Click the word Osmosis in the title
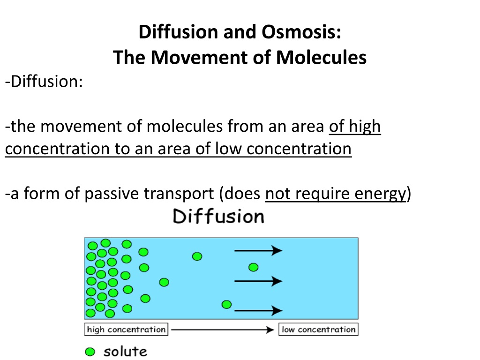301,32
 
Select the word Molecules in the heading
321,58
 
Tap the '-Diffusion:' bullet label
44,82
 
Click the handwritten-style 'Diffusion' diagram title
218,216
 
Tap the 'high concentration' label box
126,330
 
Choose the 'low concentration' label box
318,330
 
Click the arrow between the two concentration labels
223,330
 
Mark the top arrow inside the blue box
258,250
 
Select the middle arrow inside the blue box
258,281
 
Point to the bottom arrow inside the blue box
258,310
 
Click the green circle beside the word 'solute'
90,352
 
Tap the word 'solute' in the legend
125,352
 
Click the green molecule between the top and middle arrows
254,267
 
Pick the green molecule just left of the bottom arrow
226,304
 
